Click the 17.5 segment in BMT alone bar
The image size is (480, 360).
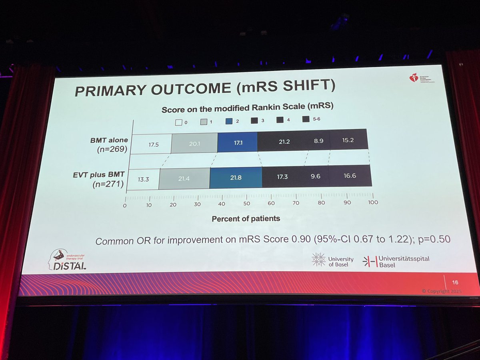[x=151, y=143]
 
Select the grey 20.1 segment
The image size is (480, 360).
[x=194, y=142]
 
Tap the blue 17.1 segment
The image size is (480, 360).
[x=238, y=141]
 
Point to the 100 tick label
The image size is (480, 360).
[x=373, y=202]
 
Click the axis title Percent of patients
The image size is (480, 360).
[x=246, y=218]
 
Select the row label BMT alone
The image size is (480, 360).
[x=109, y=140]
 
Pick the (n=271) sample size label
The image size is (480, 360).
[x=107, y=185]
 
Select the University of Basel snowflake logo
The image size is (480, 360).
[x=318, y=260]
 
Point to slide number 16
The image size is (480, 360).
[x=455, y=282]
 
